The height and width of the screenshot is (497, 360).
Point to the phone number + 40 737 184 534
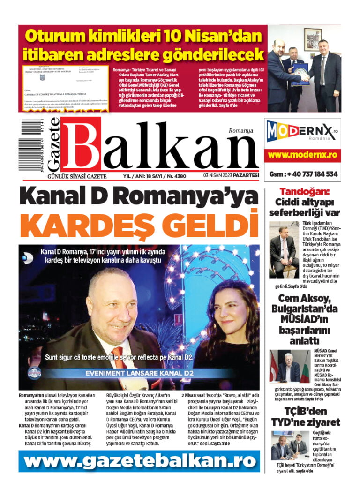point(303,174)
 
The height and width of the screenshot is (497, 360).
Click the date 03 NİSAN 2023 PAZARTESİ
point(231,176)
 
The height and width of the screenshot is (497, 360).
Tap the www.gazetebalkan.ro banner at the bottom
point(140,461)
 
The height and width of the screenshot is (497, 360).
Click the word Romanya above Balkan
point(241,131)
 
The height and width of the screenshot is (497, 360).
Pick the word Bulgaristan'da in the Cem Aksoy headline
point(305,309)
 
